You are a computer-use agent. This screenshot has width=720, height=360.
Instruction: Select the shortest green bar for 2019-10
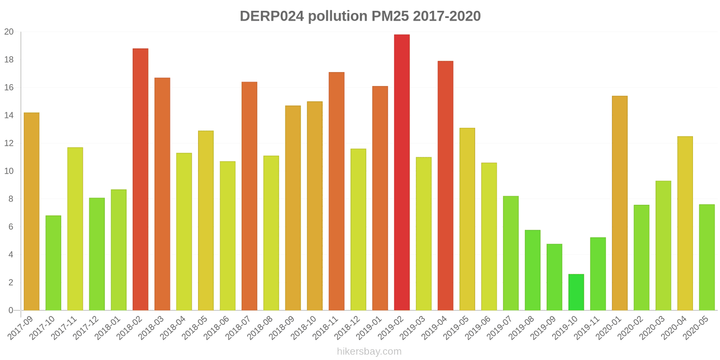[576, 292]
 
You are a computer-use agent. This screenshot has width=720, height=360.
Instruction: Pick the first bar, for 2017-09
[31, 211]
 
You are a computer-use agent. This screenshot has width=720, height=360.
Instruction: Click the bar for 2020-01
[620, 203]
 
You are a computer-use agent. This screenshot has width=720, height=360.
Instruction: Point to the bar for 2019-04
[445, 185]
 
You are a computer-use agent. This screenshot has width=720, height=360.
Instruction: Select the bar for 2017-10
[53, 263]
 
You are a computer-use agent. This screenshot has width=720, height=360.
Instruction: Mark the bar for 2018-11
[337, 191]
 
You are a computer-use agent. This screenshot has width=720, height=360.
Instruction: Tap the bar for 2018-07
[249, 196]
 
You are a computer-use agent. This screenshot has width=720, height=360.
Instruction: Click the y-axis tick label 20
[9, 32]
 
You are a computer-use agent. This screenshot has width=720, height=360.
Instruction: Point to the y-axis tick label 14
[9, 116]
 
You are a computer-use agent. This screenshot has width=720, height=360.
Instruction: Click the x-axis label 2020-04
[675, 327]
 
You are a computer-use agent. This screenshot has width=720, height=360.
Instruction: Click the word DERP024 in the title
[272, 16]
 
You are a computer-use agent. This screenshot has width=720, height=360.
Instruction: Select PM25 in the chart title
[390, 16]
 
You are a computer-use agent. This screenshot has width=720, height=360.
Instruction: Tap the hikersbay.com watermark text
[369, 351]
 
